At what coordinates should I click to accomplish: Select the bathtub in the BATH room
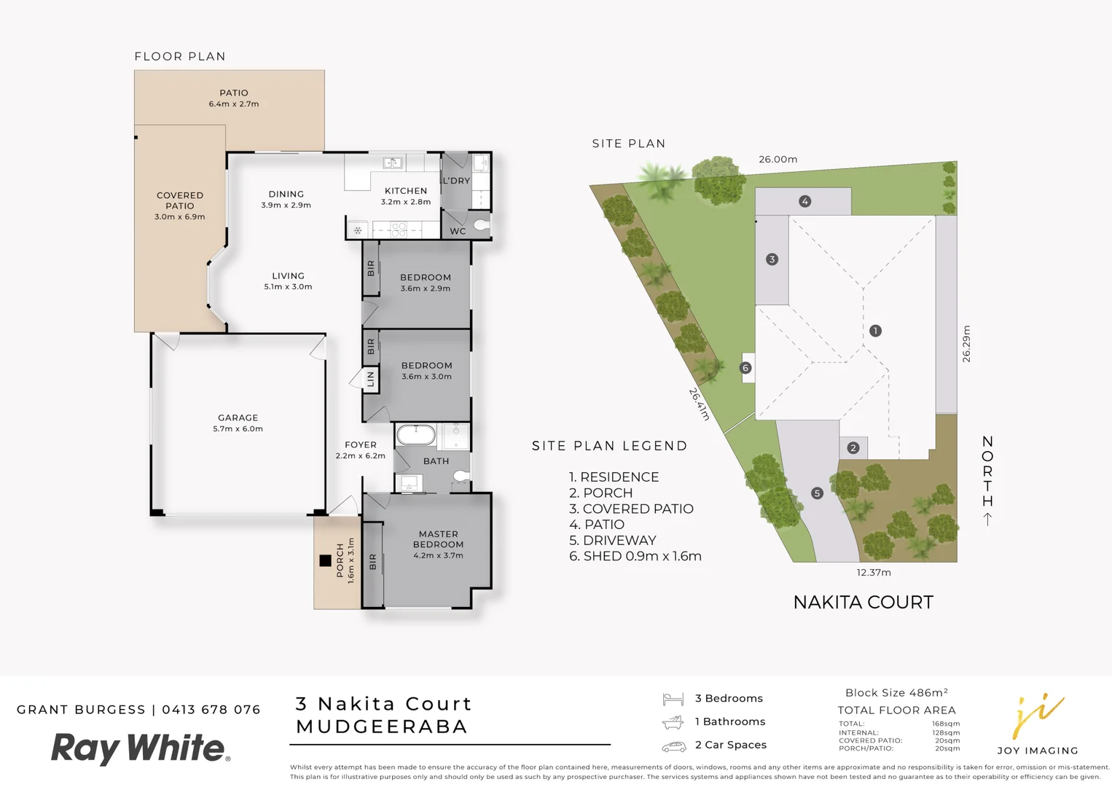tap(415, 436)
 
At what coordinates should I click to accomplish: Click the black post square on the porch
tap(325, 560)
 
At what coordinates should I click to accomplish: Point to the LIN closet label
tap(371, 379)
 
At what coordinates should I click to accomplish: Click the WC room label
tap(458, 231)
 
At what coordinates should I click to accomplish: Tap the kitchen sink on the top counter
tap(393, 163)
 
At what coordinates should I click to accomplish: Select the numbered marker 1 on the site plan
tap(875, 331)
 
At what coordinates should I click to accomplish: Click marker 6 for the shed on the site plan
tap(745, 368)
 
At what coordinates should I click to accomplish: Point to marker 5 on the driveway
tap(817, 493)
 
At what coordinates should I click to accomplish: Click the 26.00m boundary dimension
tap(778, 159)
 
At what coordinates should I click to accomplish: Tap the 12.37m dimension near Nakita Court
tap(873, 573)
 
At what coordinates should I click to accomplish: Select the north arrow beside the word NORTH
tap(987, 519)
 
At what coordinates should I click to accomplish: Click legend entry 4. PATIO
tap(597, 525)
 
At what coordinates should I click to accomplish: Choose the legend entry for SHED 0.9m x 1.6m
tap(635, 556)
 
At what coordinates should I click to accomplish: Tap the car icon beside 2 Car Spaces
tap(673, 746)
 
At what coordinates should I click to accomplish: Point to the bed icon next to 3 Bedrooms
tap(673, 700)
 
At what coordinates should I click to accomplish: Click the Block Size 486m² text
tap(896, 693)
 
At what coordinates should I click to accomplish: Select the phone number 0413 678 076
tap(211, 710)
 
